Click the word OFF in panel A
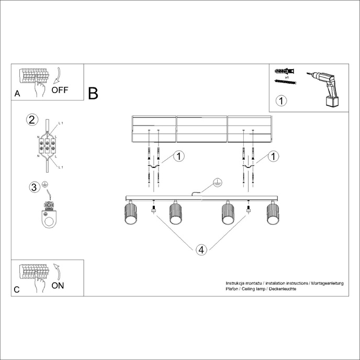(60, 90)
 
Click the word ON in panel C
(58, 286)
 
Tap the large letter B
(93, 93)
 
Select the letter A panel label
(17, 94)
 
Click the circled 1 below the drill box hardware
(282, 100)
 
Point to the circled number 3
(33, 187)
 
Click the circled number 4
(201, 250)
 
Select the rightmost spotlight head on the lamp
(273, 214)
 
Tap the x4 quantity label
(287, 77)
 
